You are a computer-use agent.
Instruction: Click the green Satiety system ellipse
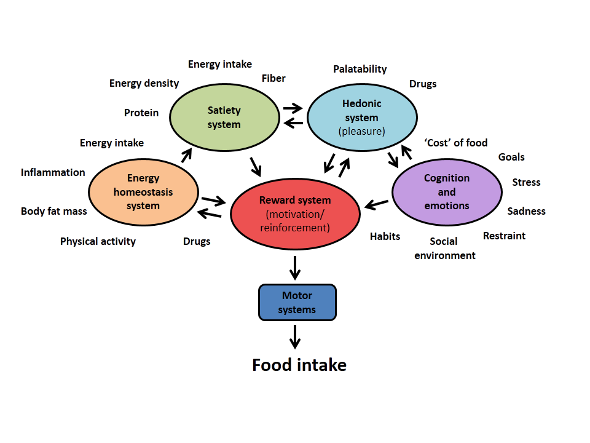click(224, 118)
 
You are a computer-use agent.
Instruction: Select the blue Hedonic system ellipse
click(361, 117)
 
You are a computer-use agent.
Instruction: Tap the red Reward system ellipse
click(295, 214)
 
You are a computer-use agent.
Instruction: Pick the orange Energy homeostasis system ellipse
click(143, 192)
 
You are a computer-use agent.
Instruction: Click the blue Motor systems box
click(297, 303)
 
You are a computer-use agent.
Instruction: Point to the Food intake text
click(299, 365)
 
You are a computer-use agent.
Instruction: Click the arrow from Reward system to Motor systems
click(296, 266)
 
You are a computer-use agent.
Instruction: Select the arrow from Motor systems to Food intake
click(296, 336)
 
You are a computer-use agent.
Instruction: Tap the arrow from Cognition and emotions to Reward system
click(376, 204)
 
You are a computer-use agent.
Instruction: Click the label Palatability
click(360, 69)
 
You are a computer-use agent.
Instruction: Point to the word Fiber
click(273, 78)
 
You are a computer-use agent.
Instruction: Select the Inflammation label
click(53, 172)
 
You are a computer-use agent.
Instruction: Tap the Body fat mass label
click(54, 211)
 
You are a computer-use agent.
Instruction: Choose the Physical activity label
click(98, 241)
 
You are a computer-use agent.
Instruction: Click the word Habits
click(385, 236)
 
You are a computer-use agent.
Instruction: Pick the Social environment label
click(445, 249)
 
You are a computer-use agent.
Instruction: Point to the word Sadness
click(526, 211)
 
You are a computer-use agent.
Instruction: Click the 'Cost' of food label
click(456, 143)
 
